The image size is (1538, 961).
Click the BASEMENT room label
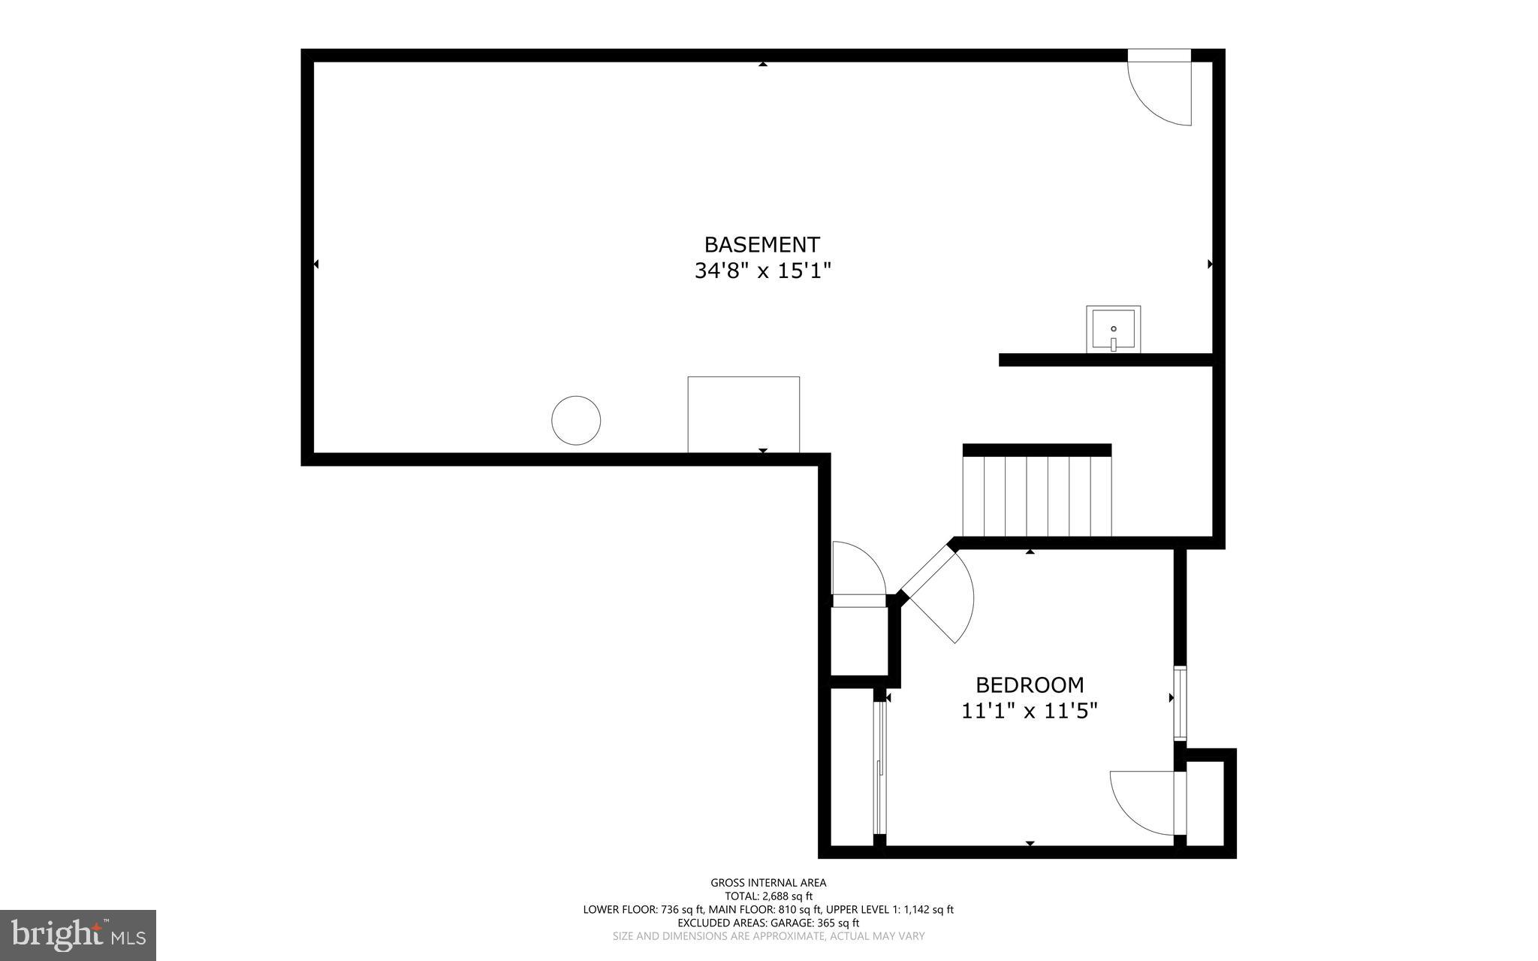761,245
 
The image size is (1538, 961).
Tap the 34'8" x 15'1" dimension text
762,270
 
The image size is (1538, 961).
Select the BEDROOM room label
1029,685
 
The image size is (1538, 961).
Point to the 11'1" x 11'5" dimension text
1029,711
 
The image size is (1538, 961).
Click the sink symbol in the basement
1113,329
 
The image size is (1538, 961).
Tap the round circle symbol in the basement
576,420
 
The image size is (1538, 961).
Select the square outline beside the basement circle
743,414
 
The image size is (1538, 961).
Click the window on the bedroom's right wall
1180,703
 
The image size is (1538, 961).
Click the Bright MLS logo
78,935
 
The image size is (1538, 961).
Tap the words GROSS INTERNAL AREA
768,883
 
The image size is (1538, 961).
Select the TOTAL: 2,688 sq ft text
768,896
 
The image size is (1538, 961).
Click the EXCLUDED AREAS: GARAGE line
768,923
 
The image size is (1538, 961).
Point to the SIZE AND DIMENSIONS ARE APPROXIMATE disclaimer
768,936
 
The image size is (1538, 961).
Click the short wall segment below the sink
1105,360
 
